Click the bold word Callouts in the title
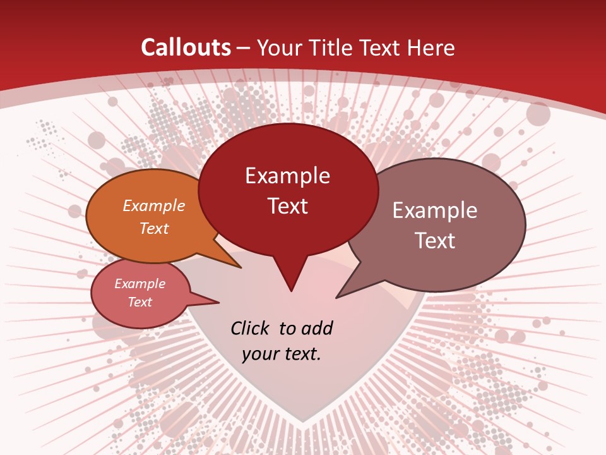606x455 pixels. pos(186,47)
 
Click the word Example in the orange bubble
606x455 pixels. pos(154,206)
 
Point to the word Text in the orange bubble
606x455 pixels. pos(154,229)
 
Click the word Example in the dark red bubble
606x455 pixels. pos(288,176)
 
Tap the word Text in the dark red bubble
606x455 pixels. pos(288,206)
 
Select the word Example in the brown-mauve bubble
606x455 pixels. pos(435,210)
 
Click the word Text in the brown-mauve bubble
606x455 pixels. pos(435,241)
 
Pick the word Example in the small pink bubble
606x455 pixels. pos(140,284)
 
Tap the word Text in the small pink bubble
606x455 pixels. pos(140,302)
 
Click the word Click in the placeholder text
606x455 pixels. pos(251,328)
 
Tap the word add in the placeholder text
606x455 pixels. pos(317,328)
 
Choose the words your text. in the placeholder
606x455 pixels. pos(282,354)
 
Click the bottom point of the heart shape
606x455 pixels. pos(304,421)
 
